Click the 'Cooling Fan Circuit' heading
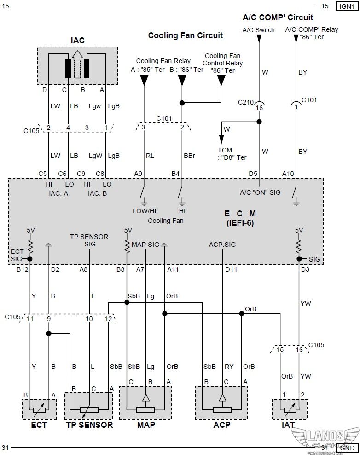point(185,35)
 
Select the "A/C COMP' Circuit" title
point(278,17)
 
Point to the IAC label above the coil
point(77,41)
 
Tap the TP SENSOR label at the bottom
point(89,425)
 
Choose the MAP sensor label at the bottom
point(146,425)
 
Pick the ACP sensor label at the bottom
point(221,425)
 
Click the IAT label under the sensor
point(288,425)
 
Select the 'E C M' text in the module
point(240,214)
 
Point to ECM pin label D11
point(231,269)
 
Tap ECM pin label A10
point(288,173)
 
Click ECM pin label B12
point(23,269)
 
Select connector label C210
point(246,102)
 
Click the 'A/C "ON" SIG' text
point(260,192)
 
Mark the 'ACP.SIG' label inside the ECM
point(222,245)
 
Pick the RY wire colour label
point(229,367)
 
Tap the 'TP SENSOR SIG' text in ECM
point(89,240)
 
